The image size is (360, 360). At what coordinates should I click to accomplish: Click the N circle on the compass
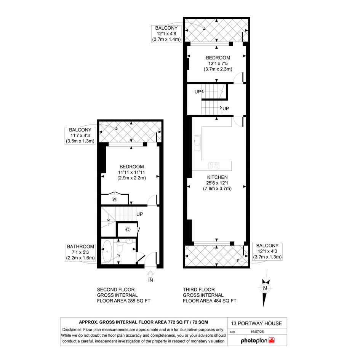tap(265, 288)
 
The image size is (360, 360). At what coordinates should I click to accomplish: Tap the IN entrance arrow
tap(150, 274)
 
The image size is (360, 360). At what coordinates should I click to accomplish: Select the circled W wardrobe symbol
tap(114, 199)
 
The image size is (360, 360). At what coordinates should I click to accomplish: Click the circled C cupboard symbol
tap(128, 229)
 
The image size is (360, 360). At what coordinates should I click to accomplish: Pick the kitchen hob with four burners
tap(214, 166)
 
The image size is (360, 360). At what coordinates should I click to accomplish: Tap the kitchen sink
tap(197, 142)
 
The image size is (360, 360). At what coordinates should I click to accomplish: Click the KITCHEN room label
tap(217, 177)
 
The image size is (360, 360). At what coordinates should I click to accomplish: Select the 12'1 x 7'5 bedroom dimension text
tap(218, 64)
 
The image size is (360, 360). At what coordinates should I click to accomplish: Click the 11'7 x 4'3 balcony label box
tap(80, 136)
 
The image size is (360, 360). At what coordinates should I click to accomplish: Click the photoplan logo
tap(258, 340)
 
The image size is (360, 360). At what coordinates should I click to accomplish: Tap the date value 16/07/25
tap(257, 332)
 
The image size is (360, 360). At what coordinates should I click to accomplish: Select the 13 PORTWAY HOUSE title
tap(256, 323)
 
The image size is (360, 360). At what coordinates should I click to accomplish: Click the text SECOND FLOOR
tap(116, 290)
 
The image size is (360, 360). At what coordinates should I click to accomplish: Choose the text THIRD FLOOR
tap(199, 290)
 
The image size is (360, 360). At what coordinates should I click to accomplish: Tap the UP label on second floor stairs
tap(139, 214)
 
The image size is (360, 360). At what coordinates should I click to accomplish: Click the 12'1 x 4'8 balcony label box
tap(166, 34)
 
